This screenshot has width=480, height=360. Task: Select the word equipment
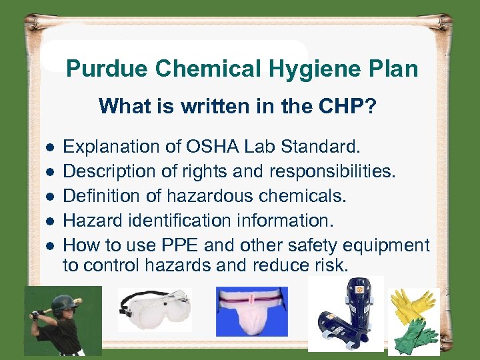pos(387,246)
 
